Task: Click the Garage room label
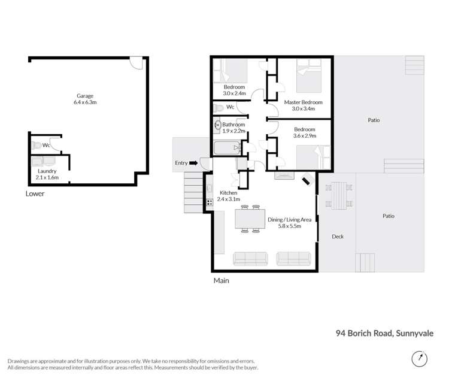85,96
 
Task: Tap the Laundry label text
47,171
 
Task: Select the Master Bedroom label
303,102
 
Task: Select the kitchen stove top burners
210,202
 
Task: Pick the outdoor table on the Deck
338,195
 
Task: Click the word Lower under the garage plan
35,193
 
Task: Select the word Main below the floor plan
222,280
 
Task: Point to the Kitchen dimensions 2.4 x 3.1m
228,199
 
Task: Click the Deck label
338,237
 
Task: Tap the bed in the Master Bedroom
310,77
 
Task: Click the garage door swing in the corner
137,62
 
